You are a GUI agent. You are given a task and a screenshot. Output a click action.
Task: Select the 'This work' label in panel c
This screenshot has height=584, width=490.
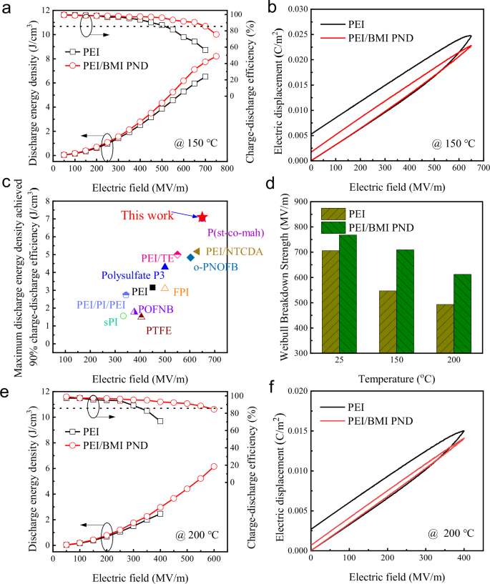[x=147, y=215]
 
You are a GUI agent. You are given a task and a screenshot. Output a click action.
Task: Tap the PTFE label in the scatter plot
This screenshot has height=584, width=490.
[x=159, y=330]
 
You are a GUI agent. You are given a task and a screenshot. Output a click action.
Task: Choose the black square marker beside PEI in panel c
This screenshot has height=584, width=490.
[x=152, y=287]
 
